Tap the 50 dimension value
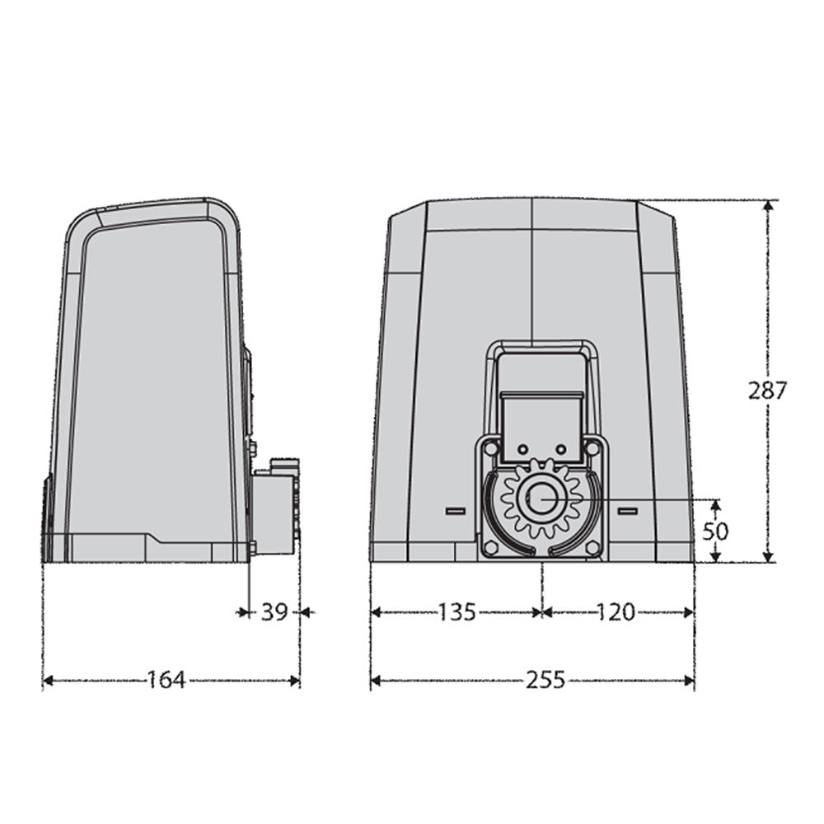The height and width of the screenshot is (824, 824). [x=715, y=531]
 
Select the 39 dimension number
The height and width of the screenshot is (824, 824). [x=274, y=611]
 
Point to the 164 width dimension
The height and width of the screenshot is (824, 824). [x=168, y=680]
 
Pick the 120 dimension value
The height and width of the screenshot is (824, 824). [x=616, y=611]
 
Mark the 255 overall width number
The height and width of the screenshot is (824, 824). [x=545, y=680]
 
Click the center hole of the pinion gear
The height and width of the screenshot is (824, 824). [x=541, y=499]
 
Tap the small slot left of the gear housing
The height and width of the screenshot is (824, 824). [x=455, y=512]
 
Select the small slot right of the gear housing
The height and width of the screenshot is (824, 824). [x=628, y=512]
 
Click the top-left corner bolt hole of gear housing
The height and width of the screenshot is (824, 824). [x=491, y=448]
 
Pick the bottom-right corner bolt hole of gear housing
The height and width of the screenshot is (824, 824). [x=592, y=548]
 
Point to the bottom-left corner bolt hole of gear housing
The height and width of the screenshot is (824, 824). [x=491, y=548]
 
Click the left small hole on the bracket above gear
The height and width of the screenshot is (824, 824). [x=521, y=449]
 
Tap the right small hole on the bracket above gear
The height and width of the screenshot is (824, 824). [x=560, y=449]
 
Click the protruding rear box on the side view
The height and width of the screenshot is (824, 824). [x=274, y=511]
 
